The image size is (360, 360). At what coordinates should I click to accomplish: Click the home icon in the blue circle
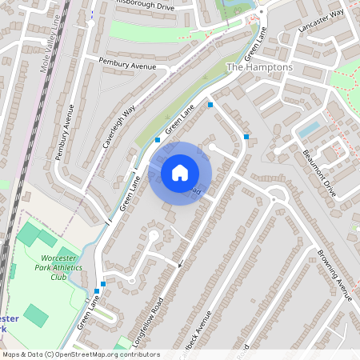(180, 173)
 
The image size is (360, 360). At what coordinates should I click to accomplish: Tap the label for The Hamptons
(260, 68)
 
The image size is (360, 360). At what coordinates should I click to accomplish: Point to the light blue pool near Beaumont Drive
(309, 128)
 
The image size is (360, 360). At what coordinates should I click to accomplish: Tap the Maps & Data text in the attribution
(22, 354)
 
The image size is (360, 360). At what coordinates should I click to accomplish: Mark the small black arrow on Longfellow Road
(181, 265)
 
